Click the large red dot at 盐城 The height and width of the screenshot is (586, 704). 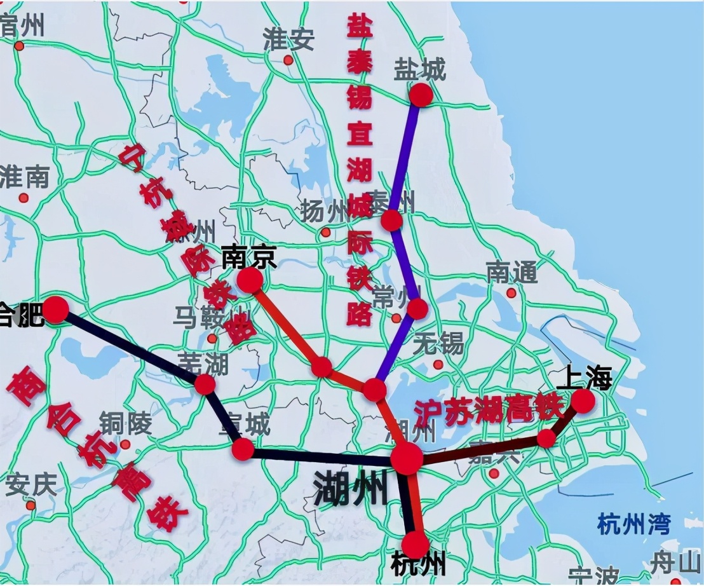(x=421, y=95)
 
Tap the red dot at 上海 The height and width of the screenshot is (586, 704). (x=583, y=401)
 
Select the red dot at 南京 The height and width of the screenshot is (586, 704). (x=250, y=280)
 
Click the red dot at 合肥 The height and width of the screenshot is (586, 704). (x=55, y=310)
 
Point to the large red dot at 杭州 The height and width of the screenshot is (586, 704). (x=416, y=545)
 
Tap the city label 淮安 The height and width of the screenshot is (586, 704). (x=289, y=40)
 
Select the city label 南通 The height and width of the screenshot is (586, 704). (x=512, y=273)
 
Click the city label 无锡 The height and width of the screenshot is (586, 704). (x=438, y=344)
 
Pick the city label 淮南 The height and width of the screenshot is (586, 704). (x=25, y=177)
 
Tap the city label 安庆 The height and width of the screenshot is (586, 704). (x=30, y=486)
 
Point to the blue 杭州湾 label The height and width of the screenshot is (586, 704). (x=633, y=525)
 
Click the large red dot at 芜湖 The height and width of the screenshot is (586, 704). (x=205, y=384)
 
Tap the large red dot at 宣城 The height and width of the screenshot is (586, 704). (x=243, y=449)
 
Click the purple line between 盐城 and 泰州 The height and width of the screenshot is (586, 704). (x=405, y=156)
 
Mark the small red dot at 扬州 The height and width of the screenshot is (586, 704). (x=326, y=233)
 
